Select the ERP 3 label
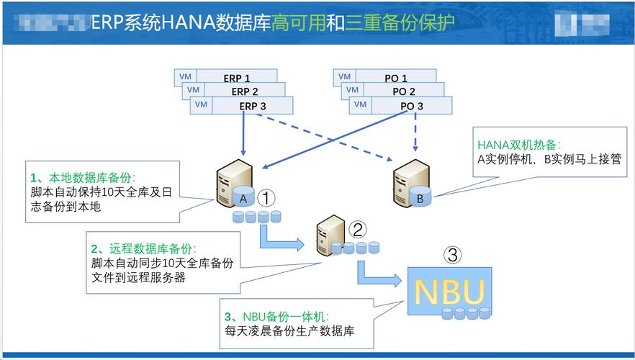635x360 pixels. [x=253, y=106]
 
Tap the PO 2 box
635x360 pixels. [x=403, y=91]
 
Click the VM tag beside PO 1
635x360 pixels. [x=344, y=77]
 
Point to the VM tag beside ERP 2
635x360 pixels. [x=192, y=91]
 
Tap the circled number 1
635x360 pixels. [x=266, y=197]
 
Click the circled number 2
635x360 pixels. [x=357, y=229]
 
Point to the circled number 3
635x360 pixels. [x=452, y=255]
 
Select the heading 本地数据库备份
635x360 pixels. [x=91, y=178]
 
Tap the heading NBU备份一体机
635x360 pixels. [x=284, y=317]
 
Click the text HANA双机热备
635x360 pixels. [x=518, y=144]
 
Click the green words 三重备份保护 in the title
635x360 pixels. [x=400, y=22]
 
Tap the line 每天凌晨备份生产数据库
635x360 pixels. [x=289, y=332]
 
